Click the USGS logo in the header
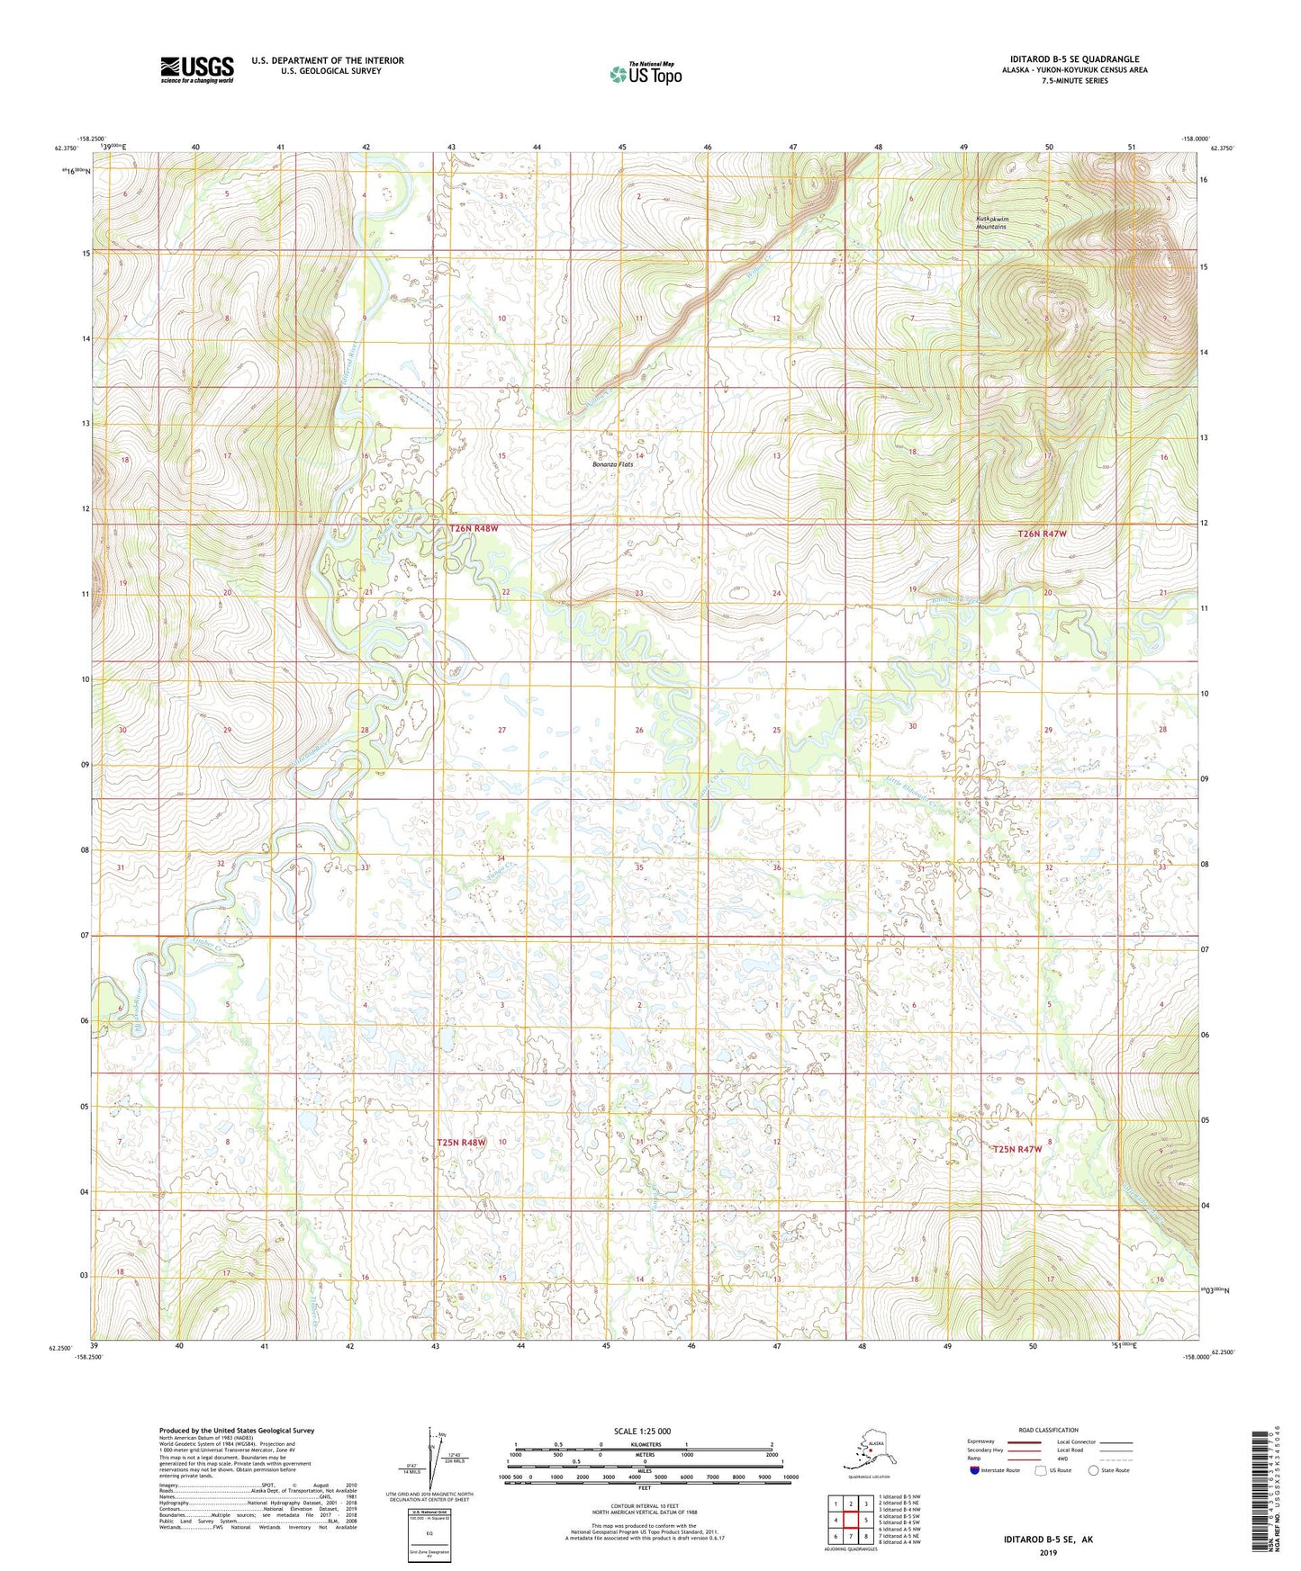tap(196, 69)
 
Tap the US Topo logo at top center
tap(645, 73)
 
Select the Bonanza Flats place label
tap(612, 464)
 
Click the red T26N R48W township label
tap(474, 529)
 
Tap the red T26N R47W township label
tap(1042, 534)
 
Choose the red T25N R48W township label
tap(461, 1142)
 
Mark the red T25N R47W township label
tap(1017, 1149)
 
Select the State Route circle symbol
tap(1094, 1471)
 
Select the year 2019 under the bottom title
tap(1048, 1553)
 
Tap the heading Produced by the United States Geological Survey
tap(237, 1431)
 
